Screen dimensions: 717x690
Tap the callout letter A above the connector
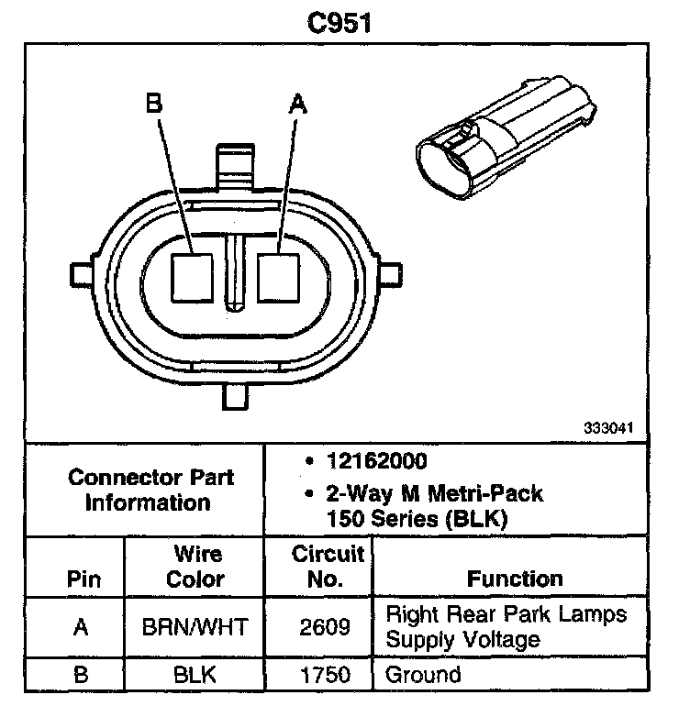coord(295,103)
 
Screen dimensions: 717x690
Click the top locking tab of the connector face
coord(235,166)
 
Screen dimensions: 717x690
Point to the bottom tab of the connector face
coord(236,396)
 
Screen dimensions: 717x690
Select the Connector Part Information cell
coord(152,490)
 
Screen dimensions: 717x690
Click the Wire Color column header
coord(196,567)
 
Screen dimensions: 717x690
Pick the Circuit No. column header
coord(328,567)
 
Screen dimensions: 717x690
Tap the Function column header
coord(515,579)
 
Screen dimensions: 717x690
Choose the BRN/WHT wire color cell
coord(196,627)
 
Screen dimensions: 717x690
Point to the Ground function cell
coord(423,676)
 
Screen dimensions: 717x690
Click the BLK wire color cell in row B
coord(196,676)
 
